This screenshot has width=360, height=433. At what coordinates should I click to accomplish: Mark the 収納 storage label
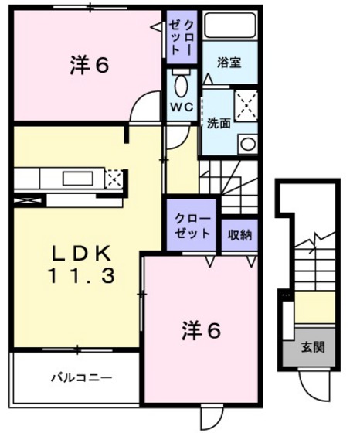pos(239,234)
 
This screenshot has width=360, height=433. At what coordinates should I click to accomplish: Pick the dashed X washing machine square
pos(246,104)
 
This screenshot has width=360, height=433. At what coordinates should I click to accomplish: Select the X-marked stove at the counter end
pos(114,179)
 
